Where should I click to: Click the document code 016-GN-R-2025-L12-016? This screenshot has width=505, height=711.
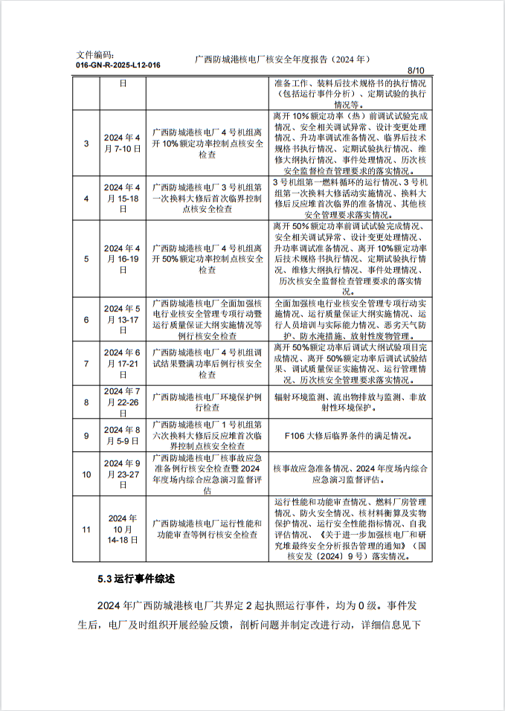tap(118, 65)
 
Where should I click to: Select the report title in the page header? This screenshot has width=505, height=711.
tap(282, 59)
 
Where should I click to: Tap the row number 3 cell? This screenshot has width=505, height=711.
tap(86, 143)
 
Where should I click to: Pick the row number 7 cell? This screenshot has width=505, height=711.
tap(86, 364)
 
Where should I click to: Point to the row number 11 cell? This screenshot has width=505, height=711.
tap(86, 530)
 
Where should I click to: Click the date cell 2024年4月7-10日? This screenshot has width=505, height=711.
tap(123, 143)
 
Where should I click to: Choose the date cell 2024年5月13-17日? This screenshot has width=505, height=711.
tap(123, 320)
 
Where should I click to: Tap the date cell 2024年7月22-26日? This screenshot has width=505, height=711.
tap(123, 402)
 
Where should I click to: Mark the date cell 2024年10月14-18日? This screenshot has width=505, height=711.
tap(123, 530)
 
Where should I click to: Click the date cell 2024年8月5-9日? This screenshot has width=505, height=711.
tap(123, 435)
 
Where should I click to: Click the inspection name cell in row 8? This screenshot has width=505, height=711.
tap(208, 402)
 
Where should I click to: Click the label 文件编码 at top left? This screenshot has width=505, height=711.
tap(96, 55)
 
